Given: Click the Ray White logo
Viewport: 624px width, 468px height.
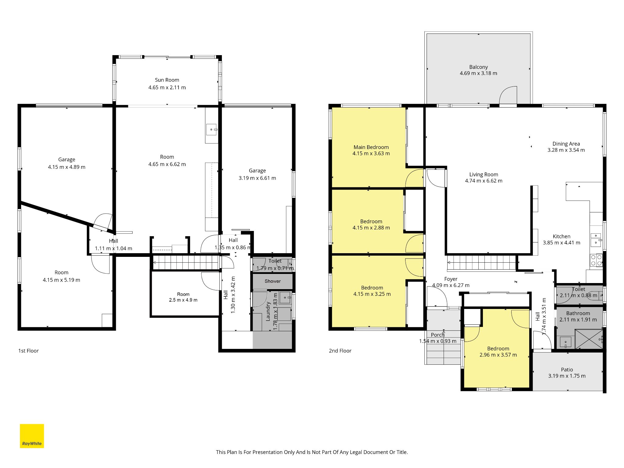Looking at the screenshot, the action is tap(32, 436).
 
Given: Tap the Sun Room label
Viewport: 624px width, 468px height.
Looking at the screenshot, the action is tap(167, 80).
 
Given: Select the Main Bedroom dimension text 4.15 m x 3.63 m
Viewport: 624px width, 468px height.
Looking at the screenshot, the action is tap(371, 154).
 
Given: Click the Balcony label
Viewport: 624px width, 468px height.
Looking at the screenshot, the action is tap(478, 67).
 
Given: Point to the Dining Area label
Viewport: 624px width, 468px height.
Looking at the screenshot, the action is tap(566, 144).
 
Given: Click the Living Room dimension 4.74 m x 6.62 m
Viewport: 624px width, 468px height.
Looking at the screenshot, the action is tap(484, 181).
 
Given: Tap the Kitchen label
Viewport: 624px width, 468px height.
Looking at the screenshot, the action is tap(562, 236).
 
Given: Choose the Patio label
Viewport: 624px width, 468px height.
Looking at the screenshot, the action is tap(567, 370).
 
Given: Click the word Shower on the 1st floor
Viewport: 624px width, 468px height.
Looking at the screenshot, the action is tap(273, 281).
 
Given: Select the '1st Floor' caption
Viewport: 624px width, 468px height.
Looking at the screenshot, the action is tap(28, 351).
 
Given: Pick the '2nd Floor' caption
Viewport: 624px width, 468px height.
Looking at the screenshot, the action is tap(340, 351).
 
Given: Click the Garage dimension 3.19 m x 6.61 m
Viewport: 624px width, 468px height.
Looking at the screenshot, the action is tap(257, 178).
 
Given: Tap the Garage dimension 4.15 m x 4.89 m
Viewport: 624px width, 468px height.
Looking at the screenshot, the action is tap(67, 167).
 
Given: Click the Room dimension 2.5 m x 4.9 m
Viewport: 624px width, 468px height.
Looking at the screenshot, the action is tap(183, 300).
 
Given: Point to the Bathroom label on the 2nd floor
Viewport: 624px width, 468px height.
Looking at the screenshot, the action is tap(578, 313).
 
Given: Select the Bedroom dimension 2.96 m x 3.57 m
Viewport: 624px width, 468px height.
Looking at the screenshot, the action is tap(498, 355).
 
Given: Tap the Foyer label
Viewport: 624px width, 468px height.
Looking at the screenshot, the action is tap(451, 279).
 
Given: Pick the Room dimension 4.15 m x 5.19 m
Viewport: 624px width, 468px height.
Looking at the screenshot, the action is tap(62, 280).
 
